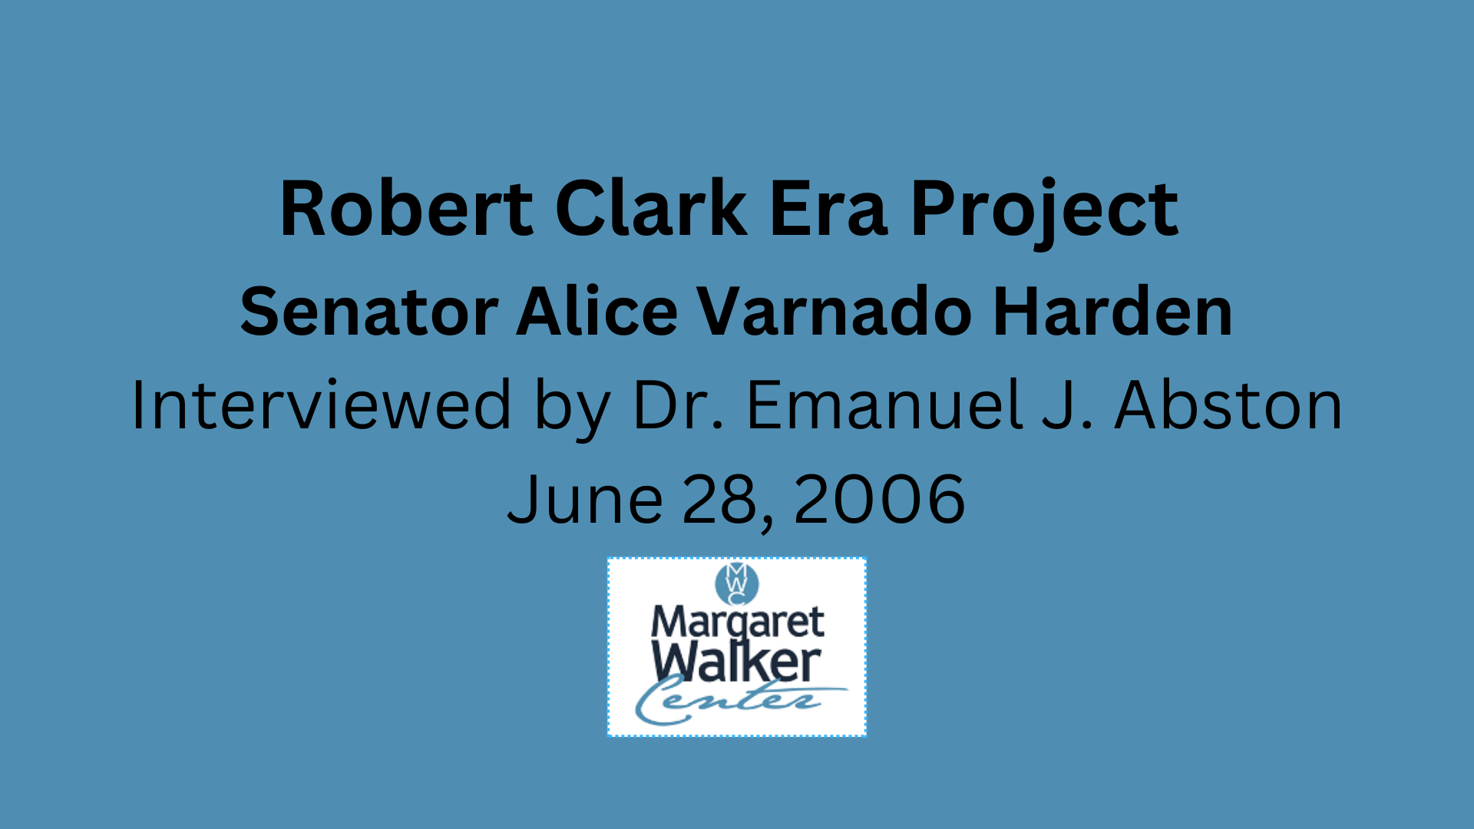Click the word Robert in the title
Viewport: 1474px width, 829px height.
click(406, 208)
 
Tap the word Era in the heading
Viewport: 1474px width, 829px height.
click(828, 209)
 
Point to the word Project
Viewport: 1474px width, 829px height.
click(1044, 211)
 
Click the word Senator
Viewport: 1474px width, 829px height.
click(369, 312)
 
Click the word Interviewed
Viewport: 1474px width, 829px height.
click(321, 405)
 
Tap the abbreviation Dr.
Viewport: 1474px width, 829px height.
click(677, 405)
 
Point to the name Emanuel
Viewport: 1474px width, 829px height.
click(885, 405)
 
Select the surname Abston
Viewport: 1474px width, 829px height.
click(1228, 405)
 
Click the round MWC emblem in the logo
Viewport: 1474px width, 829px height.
click(736, 583)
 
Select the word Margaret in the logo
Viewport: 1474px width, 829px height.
click(737, 623)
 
